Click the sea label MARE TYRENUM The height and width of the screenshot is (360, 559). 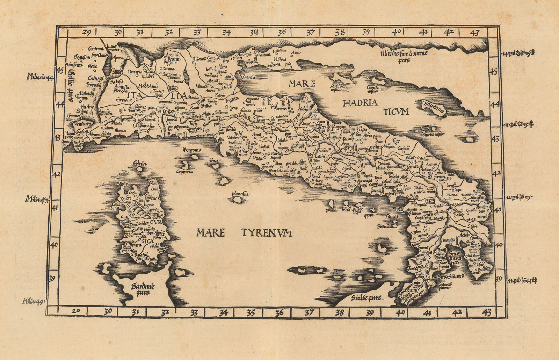pos(244,233)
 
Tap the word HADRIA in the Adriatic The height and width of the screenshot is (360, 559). pos(360,103)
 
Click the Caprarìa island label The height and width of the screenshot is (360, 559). pos(185,172)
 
